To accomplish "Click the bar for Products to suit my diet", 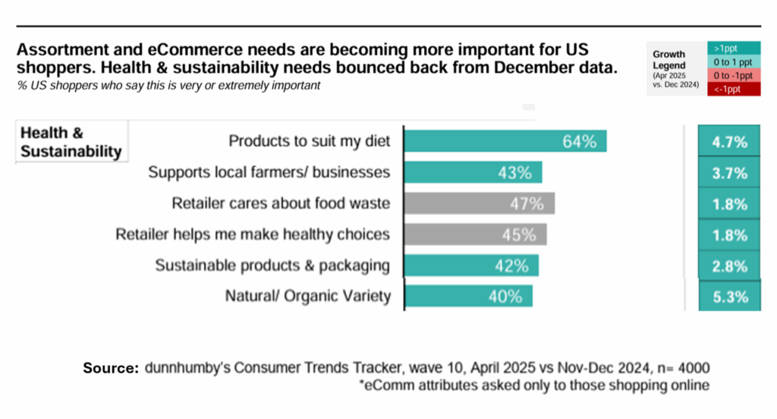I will (x=505, y=141).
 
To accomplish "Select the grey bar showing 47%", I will (x=479, y=203).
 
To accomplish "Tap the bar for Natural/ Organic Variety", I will (x=467, y=296).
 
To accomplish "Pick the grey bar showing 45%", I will (x=475, y=235).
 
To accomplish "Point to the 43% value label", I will (x=514, y=173).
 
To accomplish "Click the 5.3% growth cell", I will (x=729, y=296).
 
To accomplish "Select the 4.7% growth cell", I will (x=729, y=142).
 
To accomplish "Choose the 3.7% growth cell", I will (x=729, y=173).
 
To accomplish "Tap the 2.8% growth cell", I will (x=729, y=266).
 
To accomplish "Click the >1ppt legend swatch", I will (x=734, y=48).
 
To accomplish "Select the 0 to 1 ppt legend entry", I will (x=734, y=61).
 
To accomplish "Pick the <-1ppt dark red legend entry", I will (x=734, y=90).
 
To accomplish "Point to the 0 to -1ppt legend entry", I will (x=734, y=75).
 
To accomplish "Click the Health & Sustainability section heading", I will (x=71, y=142).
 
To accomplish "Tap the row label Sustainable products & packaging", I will (x=272, y=266).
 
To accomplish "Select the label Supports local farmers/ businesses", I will (x=269, y=173).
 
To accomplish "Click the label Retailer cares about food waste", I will (x=281, y=203).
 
